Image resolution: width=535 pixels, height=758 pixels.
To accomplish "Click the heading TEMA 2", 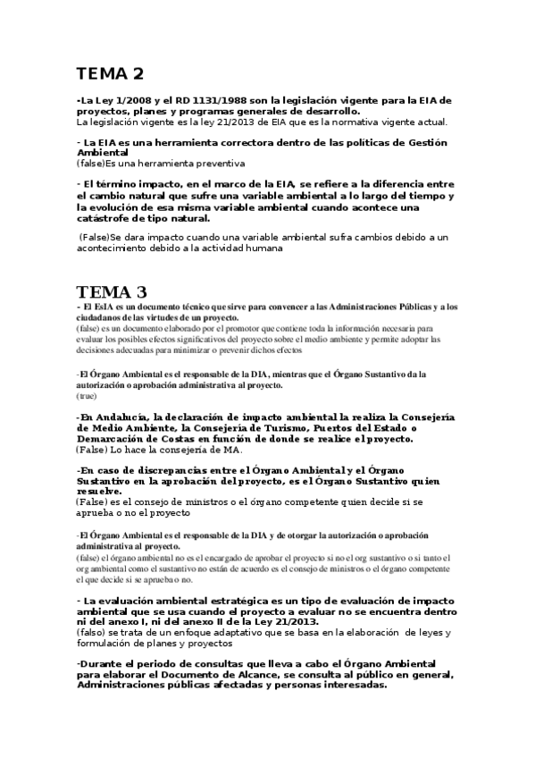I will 110,73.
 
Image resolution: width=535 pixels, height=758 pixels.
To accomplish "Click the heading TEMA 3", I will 112,291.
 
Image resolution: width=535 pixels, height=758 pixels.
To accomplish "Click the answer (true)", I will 87,395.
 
